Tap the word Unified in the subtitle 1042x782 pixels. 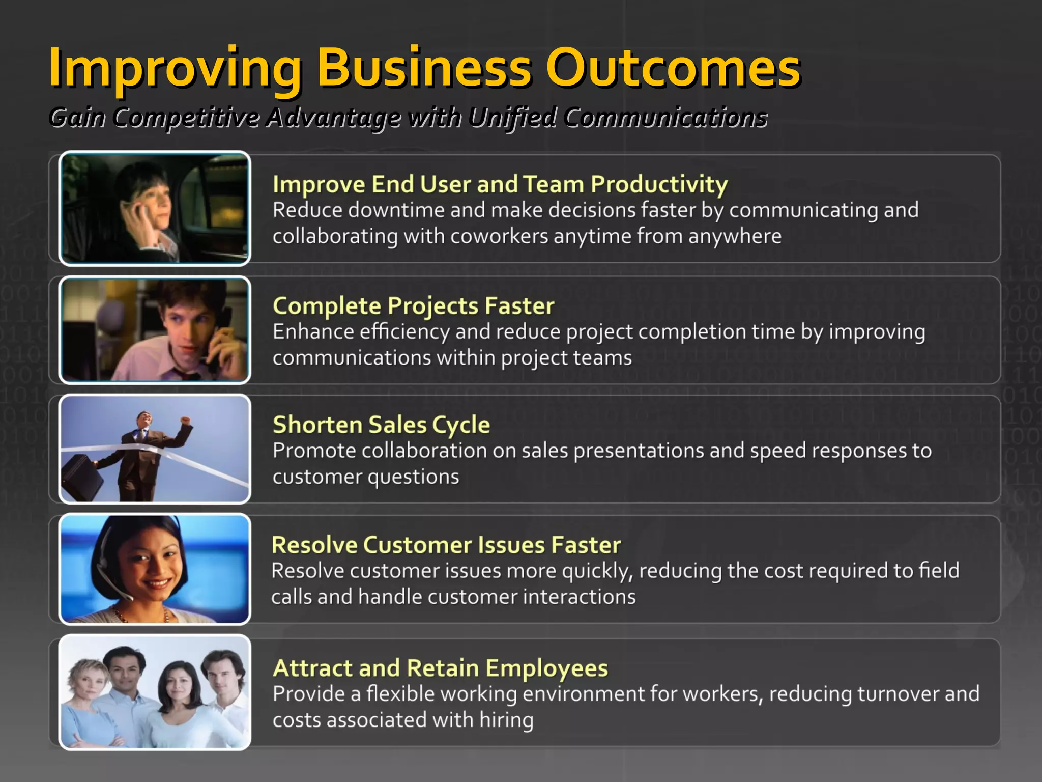pyautogui.click(x=512, y=118)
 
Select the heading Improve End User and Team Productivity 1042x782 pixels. pyautogui.click(x=500, y=184)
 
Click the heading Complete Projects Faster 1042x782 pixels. pyautogui.click(x=413, y=305)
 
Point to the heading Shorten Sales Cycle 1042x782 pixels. pyautogui.click(x=381, y=424)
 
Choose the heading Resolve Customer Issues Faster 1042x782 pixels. pyautogui.click(x=446, y=545)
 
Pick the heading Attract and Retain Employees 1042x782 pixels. pyautogui.click(x=440, y=668)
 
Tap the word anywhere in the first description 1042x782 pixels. pyautogui.click(x=735, y=236)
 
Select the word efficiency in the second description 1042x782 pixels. pyautogui.click(x=404, y=332)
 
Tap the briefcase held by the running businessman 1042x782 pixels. pyautogui.click(x=81, y=476)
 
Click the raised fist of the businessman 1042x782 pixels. pyautogui.click(x=186, y=421)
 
